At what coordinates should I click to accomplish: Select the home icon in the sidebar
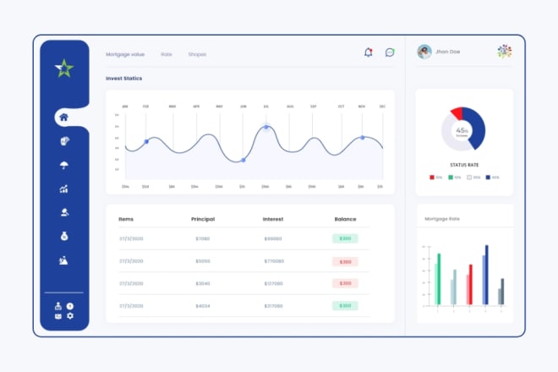click(64, 118)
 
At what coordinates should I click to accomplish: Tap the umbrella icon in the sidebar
click(64, 165)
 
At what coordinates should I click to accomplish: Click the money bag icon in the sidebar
click(64, 237)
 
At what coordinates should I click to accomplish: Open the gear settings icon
click(70, 315)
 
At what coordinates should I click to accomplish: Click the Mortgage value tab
click(125, 54)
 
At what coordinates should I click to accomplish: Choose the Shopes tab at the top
click(197, 54)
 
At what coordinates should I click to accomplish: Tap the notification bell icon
click(368, 52)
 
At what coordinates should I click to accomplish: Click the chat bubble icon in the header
click(390, 52)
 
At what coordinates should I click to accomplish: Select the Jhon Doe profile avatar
click(424, 52)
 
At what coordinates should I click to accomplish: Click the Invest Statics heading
click(123, 79)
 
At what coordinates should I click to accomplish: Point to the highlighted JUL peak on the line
click(266, 128)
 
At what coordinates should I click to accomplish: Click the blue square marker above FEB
click(146, 141)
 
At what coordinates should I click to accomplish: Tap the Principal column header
click(203, 219)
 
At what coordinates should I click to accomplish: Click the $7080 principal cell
click(203, 238)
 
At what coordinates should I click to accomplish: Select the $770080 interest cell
click(273, 261)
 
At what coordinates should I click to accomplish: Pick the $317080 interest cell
click(273, 306)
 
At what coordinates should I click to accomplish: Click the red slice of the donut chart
click(457, 113)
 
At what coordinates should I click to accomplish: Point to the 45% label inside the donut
click(462, 131)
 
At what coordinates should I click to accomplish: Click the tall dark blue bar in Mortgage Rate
click(486, 275)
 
